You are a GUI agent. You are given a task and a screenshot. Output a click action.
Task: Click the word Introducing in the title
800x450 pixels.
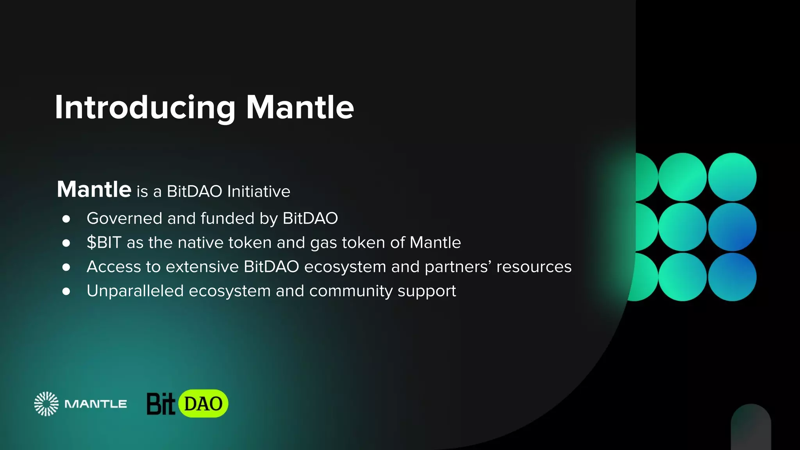click(x=145, y=107)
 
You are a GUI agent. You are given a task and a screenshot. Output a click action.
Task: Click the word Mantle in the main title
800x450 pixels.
click(x=300, y=107)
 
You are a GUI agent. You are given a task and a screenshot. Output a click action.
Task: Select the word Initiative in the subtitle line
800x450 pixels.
click(x=259, y=191)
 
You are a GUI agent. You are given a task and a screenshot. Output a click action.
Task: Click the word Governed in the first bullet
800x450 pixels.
click(x=124, y=218)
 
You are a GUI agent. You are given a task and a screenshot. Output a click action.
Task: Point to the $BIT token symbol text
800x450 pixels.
click(x=104, y=243)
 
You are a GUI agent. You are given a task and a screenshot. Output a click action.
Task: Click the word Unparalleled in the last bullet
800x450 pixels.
click(x=135, y=291)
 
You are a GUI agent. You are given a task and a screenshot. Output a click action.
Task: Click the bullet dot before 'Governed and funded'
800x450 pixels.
click(x=66, y=219)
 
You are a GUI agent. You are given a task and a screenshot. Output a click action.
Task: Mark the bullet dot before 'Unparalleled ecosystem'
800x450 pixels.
click(x=66, y=291)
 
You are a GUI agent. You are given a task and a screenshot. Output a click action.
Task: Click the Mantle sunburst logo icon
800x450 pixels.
click(x=46, y=404)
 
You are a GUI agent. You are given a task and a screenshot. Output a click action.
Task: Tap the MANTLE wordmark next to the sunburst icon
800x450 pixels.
click(x=96, y=404)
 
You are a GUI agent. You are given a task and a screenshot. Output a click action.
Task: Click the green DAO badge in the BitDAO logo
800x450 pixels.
click(x=203, y=404)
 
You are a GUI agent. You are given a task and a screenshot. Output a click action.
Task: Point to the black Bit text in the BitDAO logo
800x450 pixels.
click(x=160, y=404)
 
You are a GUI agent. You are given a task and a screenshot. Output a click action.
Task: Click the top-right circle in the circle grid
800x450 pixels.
click(x=732, y=177)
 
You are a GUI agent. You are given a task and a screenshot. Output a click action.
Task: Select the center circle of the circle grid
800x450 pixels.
click(x=682, y=227)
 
